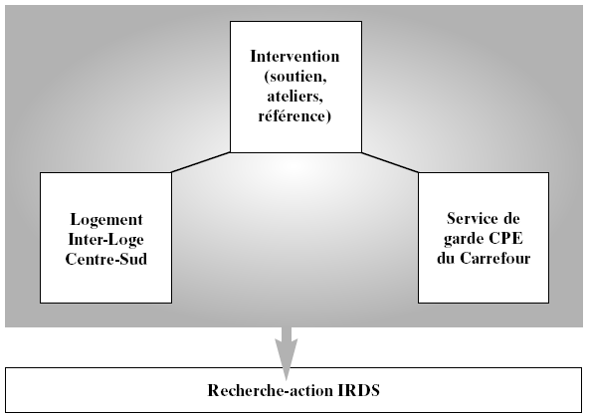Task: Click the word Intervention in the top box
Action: [x=294, y=57]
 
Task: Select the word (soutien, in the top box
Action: [x=295, y=77]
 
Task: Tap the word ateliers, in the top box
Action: [x=295, y=97]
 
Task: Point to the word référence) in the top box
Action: [x=294, y=115]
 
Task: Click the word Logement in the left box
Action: [x=106, y=220]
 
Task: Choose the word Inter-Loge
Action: [x=105, y=240]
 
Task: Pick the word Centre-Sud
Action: [x=105, y=260]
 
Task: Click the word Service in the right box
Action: [x=470, y=218]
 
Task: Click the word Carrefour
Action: [x=495, y=258]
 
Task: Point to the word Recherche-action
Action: [x=271, y=390]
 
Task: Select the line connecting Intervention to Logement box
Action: [x=201, y=162]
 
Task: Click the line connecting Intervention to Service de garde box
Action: [x=390, y=162]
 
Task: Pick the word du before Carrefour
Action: [x=446, y=258]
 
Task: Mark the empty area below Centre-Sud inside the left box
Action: [x=105, y=285]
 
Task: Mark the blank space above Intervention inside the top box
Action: [x=295, y=35]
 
